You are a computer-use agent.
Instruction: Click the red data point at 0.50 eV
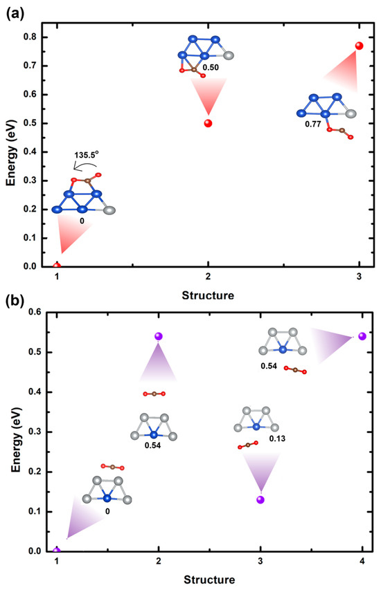tap(208, 123)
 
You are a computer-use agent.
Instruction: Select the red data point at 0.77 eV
tap(359, 46)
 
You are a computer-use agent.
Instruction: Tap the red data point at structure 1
tap(57, 266)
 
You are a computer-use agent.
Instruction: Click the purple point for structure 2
tap(159, 336)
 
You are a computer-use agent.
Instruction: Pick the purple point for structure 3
tap(260, 499)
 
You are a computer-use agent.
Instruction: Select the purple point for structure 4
tap(362, 336)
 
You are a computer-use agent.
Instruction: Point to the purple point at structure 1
tap(57, 551)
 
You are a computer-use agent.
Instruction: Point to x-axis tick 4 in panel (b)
tap(362, 560)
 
